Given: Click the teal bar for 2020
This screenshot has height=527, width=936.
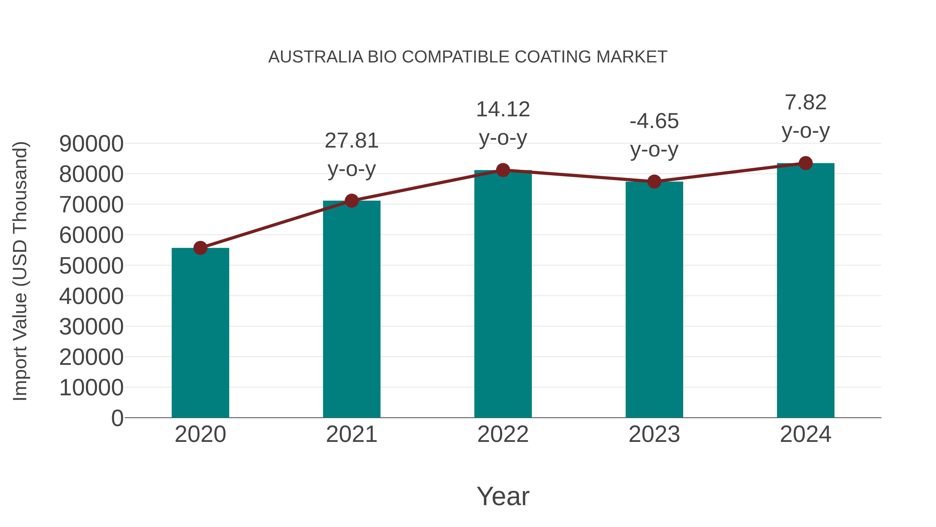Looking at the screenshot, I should tap(200, 333).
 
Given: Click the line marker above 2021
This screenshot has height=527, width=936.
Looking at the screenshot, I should tap(351, 200).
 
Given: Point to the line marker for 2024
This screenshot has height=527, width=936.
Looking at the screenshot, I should tap(805, 163).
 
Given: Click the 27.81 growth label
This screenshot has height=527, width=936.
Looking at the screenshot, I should tap(351, 141).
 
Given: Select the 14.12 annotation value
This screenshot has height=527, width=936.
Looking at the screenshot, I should tap(503, 110).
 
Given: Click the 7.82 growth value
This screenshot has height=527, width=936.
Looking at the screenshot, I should tap(805, 102).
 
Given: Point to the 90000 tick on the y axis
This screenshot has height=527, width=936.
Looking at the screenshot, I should tap(91, 144).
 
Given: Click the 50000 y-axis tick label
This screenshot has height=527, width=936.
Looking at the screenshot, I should tap(91, 266).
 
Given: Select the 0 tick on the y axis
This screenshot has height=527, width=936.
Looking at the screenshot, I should tap(117, 418).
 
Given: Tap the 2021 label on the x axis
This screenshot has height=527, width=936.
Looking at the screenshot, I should tap(351, 434).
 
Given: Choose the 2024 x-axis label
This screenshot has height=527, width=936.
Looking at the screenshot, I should tap(805, 434).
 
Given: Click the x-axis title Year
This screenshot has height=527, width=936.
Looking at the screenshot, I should tap(503, 496).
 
